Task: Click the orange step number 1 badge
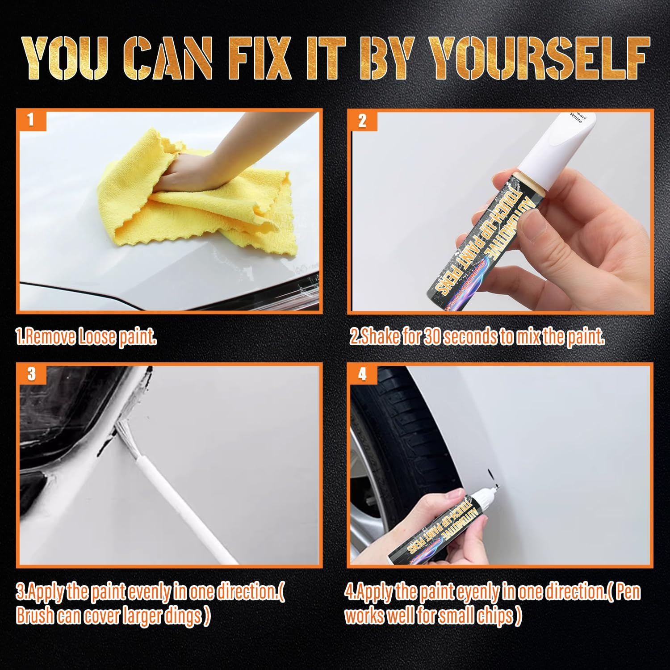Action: point(31,120)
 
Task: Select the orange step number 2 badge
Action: point(362,121)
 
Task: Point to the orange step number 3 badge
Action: point(31,373)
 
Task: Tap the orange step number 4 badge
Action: point(362,374)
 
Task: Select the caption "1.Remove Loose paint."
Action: point(86,337)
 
